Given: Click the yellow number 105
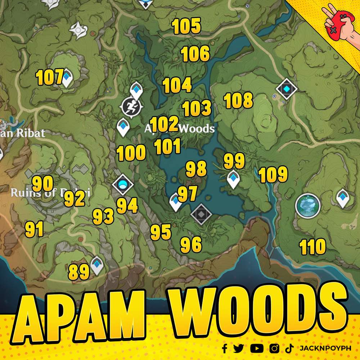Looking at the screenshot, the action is coord(186,26).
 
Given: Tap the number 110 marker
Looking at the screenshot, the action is coord(312,247).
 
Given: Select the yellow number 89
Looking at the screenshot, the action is coord(78,272).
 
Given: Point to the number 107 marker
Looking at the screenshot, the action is coord(50,78).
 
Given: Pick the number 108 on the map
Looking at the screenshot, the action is coord(238,100).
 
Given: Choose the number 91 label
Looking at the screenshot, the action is coord(34,229).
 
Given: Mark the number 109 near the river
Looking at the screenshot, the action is coord(273,175).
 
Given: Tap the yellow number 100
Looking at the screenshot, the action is coord(131,153).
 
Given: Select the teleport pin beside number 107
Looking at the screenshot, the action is coord(67,78).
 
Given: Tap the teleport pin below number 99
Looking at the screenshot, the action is coord(233,179).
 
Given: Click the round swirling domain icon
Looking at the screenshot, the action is coord(308,206).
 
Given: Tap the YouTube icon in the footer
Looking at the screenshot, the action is coord(256,348).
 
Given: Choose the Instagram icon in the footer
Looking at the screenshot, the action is coord(274,348).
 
